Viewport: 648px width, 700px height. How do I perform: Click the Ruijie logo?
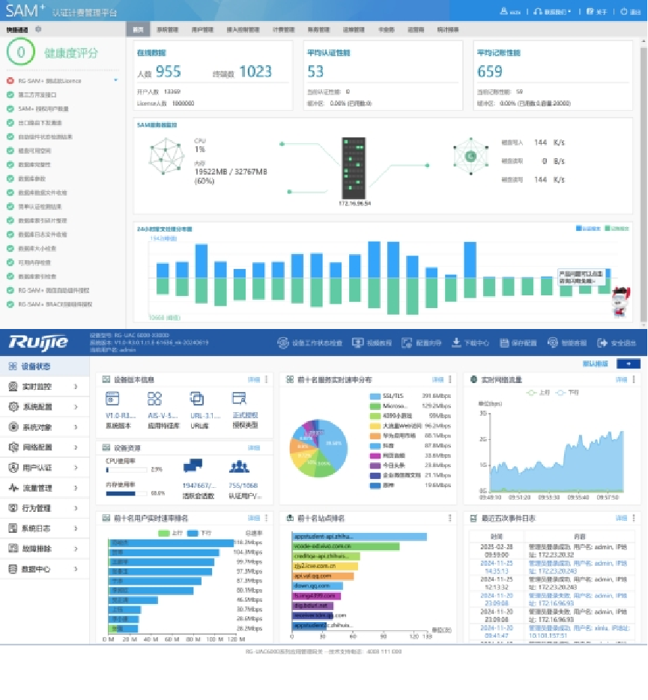(38, 343)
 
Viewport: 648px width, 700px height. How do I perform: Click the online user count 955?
(169, 72)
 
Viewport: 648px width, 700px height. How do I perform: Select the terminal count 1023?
(255, 72)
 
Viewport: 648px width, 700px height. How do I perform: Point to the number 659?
(490, 72)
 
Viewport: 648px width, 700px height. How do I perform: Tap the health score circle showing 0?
(21, 52)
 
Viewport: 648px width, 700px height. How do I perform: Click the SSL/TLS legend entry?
(393, 395)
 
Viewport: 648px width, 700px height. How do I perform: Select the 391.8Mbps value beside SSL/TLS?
(434, 395)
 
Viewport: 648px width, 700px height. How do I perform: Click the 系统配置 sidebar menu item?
(37, 406)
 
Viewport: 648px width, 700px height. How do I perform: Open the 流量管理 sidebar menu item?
(37, 488)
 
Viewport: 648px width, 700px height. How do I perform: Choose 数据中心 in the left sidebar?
(37, 569)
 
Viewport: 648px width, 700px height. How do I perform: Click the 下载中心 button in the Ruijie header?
(471, 343)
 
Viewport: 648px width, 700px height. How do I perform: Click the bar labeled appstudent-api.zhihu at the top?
(359, 537)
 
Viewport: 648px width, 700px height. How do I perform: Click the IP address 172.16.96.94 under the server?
(355, 203)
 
